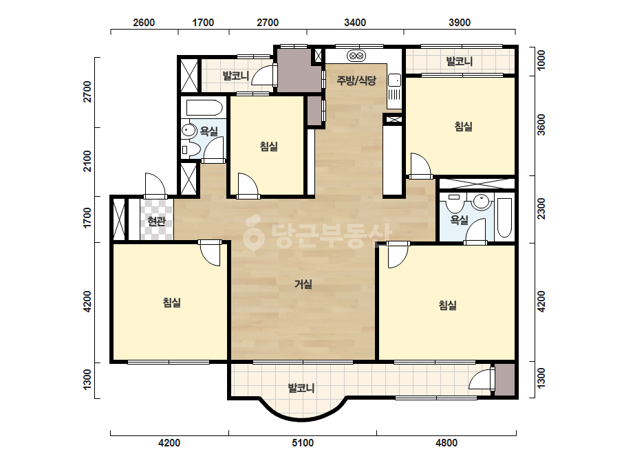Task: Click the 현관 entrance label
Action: (156, 221)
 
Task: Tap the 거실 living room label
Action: (303, 284)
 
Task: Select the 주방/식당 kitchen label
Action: (356, 80)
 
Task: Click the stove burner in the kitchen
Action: (356, 56)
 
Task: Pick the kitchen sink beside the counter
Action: (394, 80)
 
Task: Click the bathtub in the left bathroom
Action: (204, 108)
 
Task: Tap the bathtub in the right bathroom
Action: (504, 217)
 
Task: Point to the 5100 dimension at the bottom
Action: (303, 443)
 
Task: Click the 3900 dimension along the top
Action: (460, 22)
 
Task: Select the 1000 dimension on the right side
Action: (541, 60)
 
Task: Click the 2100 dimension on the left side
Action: (87, 161)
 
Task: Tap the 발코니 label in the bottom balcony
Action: (301, 388)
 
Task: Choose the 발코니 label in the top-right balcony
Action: (460, 61)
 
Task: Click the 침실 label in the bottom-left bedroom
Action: (172, 302)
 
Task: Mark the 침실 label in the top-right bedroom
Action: (463, 127)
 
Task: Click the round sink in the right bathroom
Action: (482, 201)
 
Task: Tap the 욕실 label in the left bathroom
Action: (209, 131)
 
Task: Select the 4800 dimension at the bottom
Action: (446, 443)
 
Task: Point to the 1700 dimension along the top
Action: (203, 22)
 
